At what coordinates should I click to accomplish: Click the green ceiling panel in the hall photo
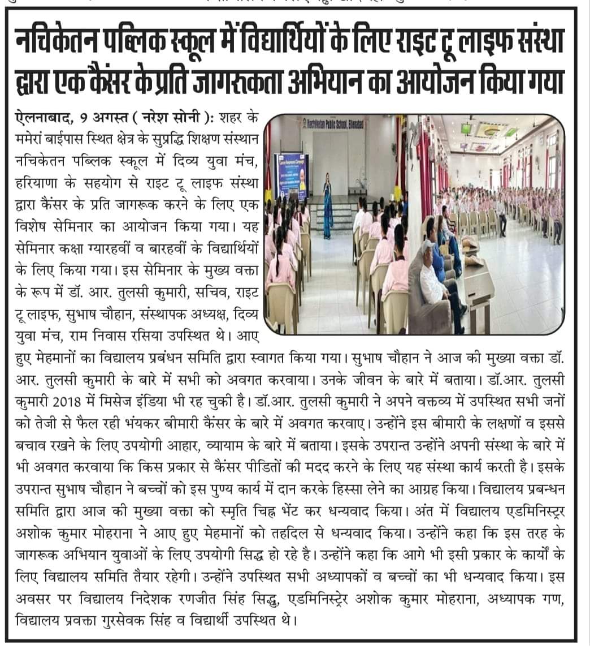(492, 134)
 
